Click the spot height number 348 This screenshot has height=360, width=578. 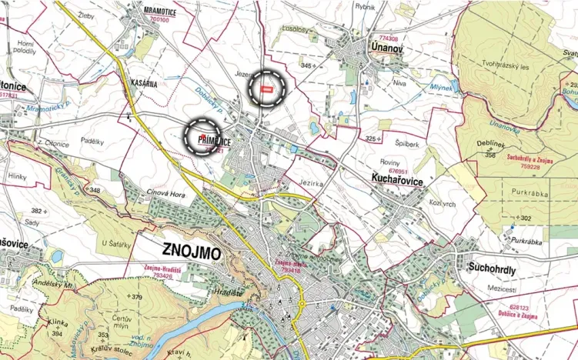pyautogui.click(x=95, y=189)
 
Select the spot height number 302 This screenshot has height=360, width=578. pyautogui.click(x=526, y=218)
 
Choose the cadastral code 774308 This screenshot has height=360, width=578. pyautogui.click(x=388, y=38)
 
